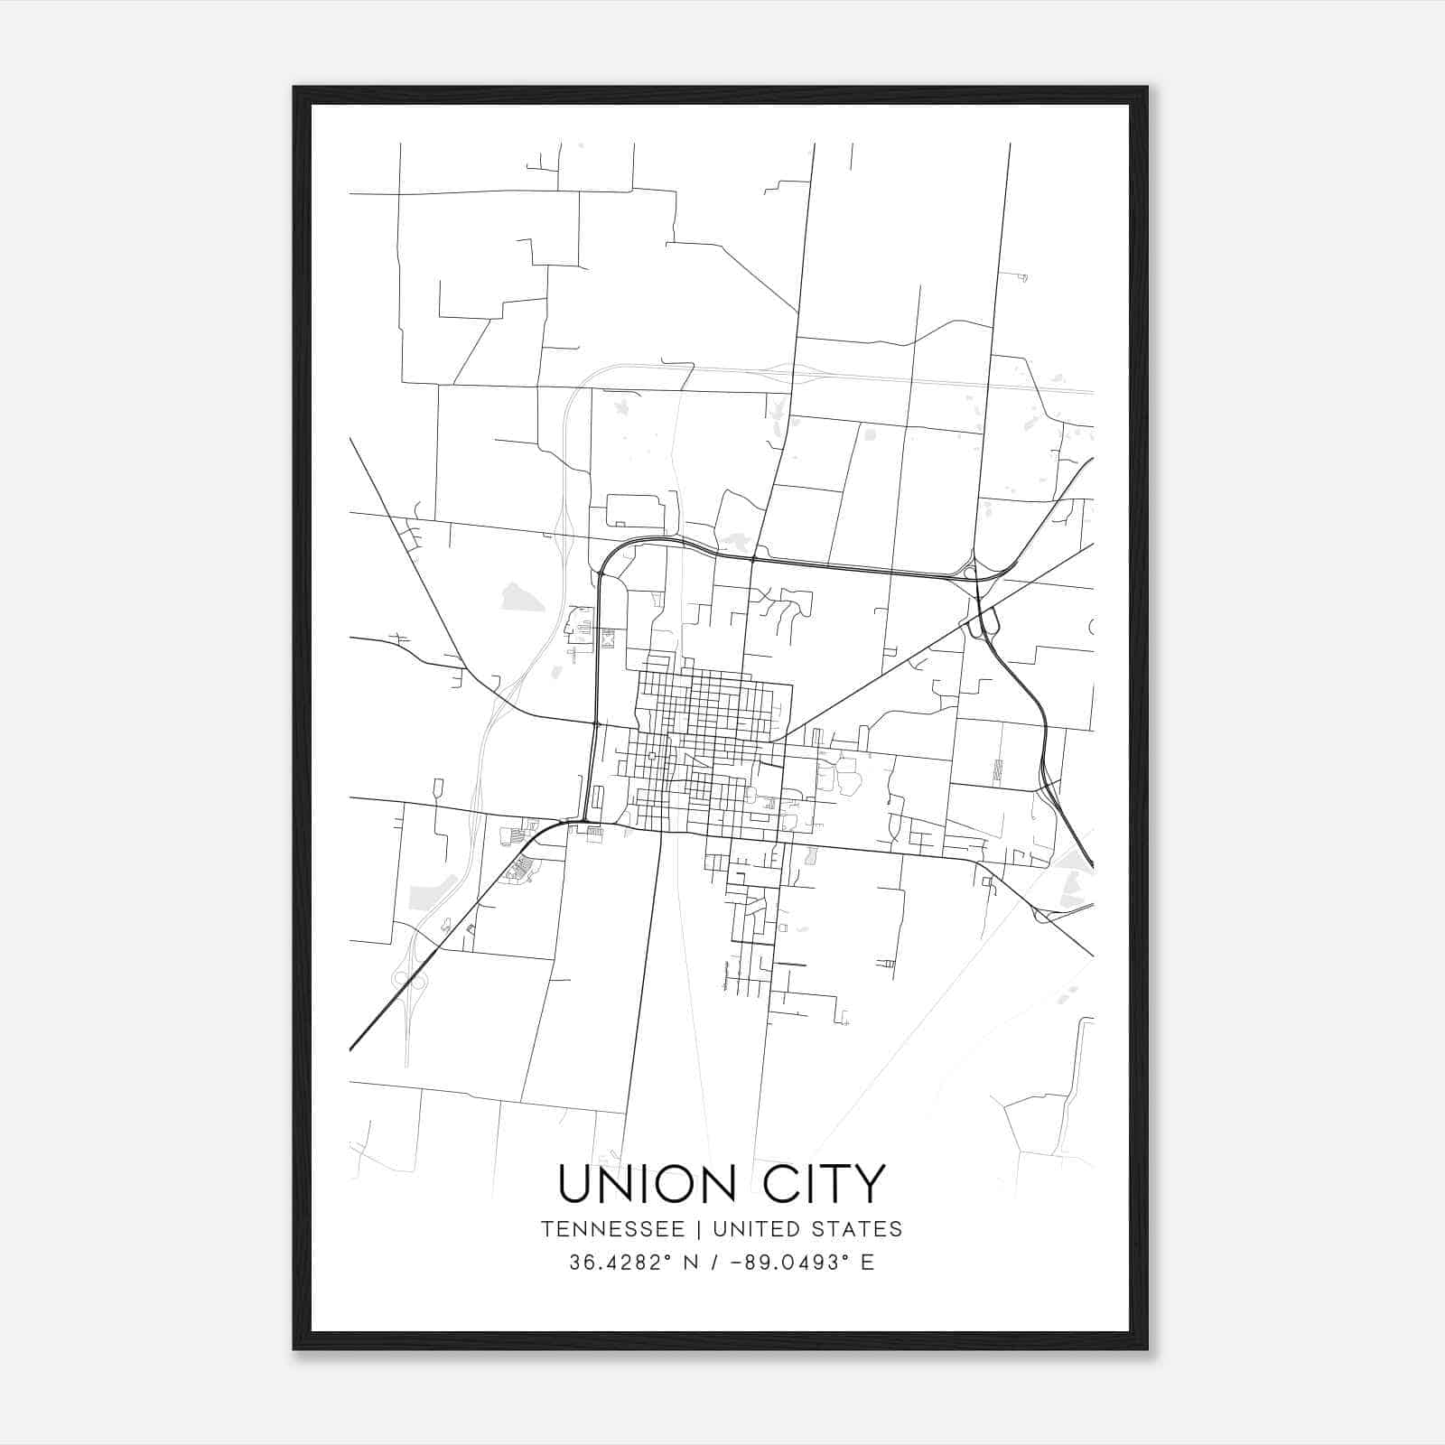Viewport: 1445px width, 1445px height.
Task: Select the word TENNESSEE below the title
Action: point(612,1229)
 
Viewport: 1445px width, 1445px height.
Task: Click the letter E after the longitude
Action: point(867,1263)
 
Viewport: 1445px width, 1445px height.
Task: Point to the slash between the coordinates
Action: point(715,1263)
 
